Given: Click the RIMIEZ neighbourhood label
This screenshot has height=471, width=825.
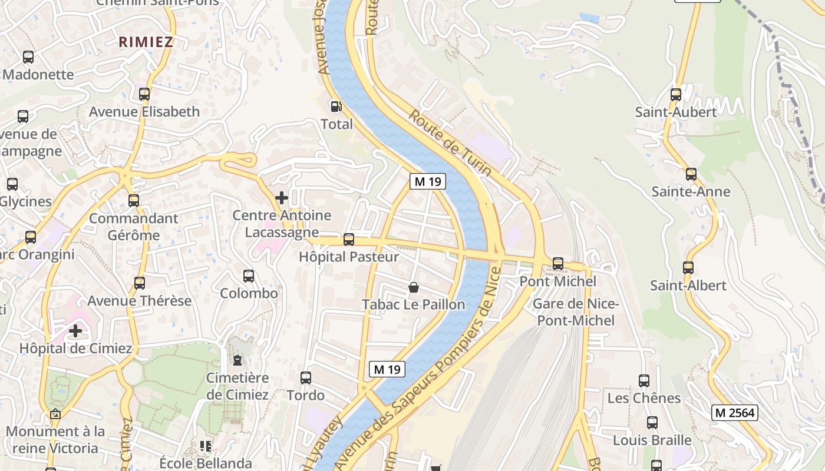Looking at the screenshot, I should click(146, 42).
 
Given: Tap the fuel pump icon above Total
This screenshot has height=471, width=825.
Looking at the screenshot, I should click(336, 107).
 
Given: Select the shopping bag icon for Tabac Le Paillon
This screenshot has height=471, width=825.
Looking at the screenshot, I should click(414, 287).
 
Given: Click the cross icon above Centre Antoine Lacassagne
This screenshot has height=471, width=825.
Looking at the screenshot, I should click(282, 198).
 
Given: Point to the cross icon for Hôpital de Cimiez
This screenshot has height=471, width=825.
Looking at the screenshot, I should click(75, 331).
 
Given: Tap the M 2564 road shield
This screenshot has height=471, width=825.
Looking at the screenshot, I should click(734, 413).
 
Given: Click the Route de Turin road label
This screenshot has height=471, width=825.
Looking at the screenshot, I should click(450, 142).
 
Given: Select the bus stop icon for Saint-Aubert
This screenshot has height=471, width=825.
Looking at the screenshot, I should click(676, 94).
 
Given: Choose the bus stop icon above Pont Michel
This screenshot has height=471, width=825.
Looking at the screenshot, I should click(557, 264).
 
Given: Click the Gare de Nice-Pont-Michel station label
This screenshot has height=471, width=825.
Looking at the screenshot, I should click(576, 313).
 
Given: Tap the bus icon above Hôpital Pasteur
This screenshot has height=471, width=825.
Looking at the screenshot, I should click(349, 240).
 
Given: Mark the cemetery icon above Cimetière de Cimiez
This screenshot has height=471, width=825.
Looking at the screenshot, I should click(237, 360).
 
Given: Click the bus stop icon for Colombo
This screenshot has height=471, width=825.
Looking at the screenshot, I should click(249, 276).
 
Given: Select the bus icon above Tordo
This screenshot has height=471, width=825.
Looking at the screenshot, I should click(306, 378).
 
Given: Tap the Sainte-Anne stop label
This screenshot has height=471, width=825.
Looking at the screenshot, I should click(691, 191).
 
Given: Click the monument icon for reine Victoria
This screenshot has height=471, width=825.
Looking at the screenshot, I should click(55, 414).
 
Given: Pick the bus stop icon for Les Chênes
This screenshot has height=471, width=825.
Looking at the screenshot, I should click(644, 381).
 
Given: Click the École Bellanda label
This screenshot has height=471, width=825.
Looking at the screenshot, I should click(206, 463).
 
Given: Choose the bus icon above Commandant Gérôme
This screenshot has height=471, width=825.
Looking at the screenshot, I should click(134, 200).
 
